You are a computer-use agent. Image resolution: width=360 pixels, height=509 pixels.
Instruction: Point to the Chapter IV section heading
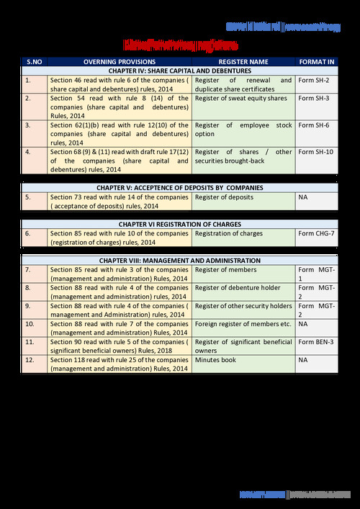[180, 71]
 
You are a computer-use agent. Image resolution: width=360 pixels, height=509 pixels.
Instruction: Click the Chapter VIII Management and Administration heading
[180, 260]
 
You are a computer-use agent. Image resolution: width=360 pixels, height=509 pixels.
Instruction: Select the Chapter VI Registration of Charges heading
[180, 224]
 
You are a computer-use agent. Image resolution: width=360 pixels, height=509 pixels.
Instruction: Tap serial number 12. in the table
[30, 359]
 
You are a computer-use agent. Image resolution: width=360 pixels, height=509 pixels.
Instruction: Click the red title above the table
[179, 43]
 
